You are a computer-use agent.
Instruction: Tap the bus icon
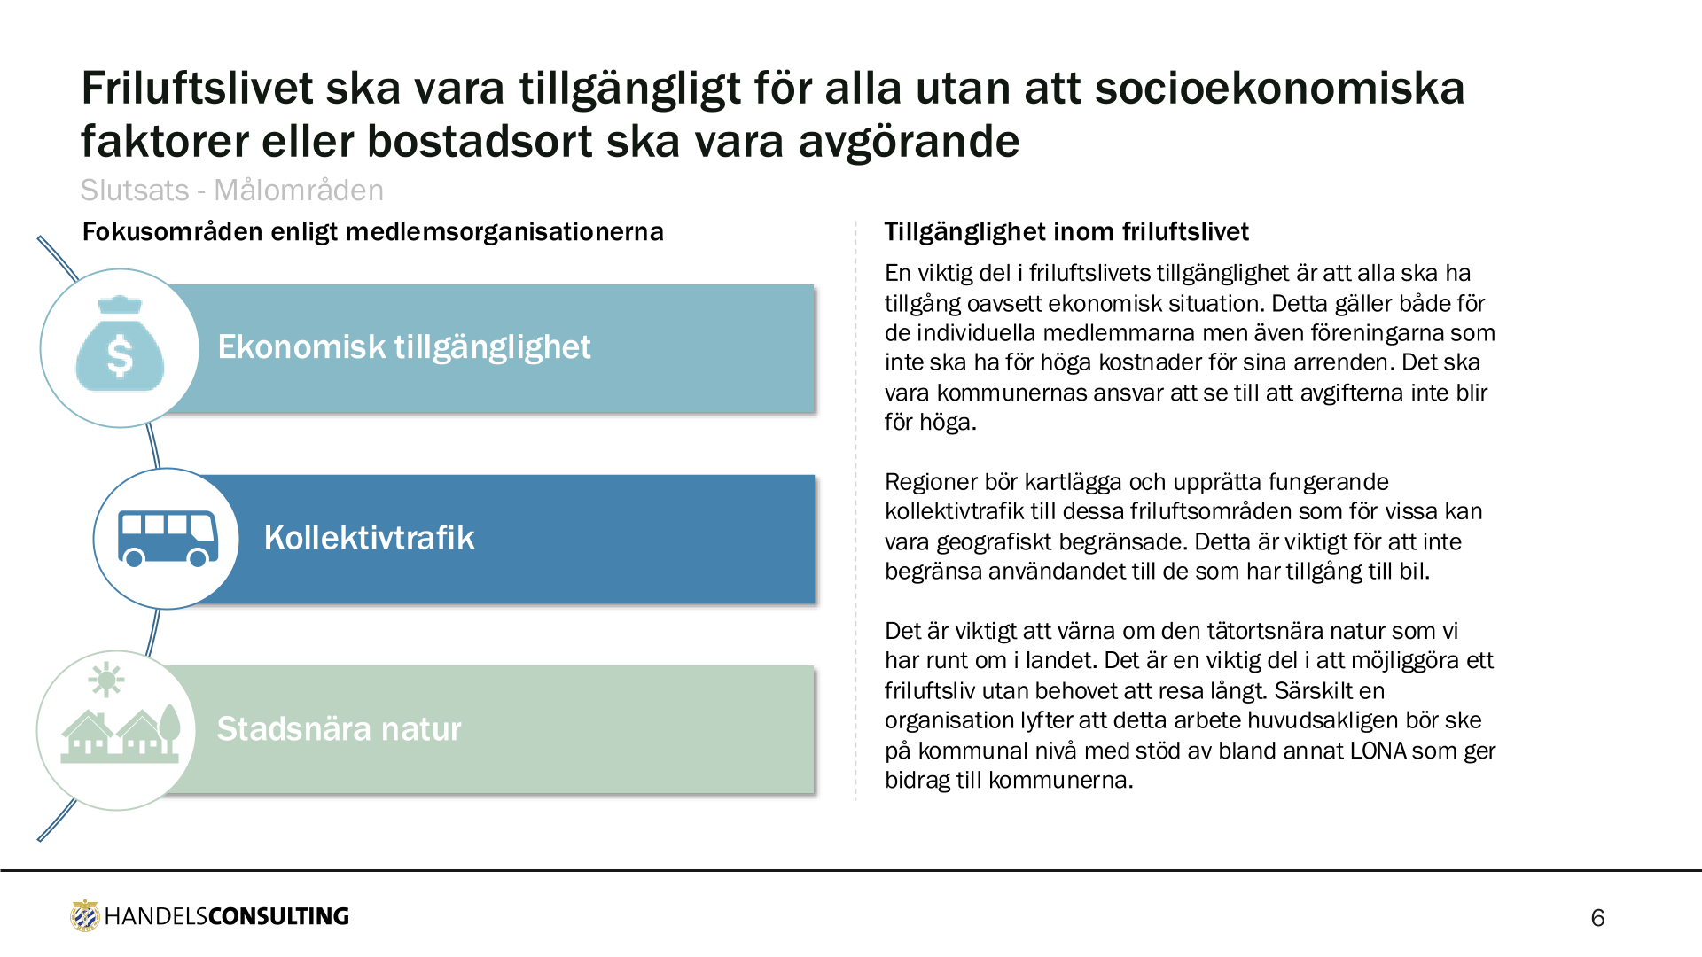[x=168, y=538]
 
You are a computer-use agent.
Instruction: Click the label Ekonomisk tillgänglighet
[x=403, y=347]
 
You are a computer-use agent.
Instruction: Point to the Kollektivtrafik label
[x=369, y=538]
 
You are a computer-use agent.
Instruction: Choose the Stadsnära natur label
[x=339, y=728]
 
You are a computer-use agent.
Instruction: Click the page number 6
[x=1597, y=918]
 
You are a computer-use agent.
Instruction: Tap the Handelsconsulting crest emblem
[x=85, y=916]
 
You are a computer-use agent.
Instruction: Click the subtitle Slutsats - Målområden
[x=232, y=191]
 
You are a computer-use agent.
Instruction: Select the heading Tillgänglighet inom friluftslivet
[x=1066, y=232]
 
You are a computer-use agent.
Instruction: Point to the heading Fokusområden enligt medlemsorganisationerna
[x=373, y=232]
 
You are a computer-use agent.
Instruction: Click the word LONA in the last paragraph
[x=1378, y=751]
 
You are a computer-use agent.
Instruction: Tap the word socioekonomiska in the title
[x=1280, y=88]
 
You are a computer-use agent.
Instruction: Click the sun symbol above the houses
[x=106, y=680]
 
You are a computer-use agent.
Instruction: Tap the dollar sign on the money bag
[x=120, y=356]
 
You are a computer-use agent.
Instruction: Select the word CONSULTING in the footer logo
[x=278, y=916]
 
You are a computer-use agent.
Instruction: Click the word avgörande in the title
[x=909, y=143]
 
